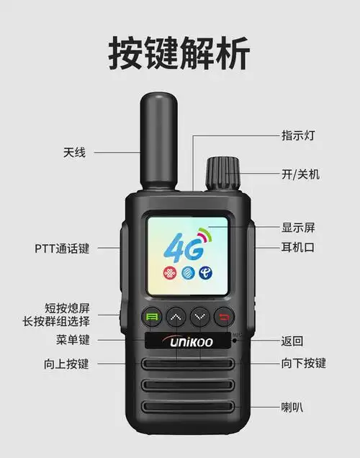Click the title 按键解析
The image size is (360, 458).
[179, 53]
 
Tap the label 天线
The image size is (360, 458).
[73, 152]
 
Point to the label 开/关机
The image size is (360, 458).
[300, 174]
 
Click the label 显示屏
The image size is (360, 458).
[297, 228]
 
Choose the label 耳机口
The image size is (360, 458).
[297, 248]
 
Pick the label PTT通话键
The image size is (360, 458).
[62, 248]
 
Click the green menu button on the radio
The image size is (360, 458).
[152, 317]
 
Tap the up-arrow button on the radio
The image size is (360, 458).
[176, 317]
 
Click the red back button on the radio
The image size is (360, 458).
[226, 317]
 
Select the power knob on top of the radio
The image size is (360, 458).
[221, 172]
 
